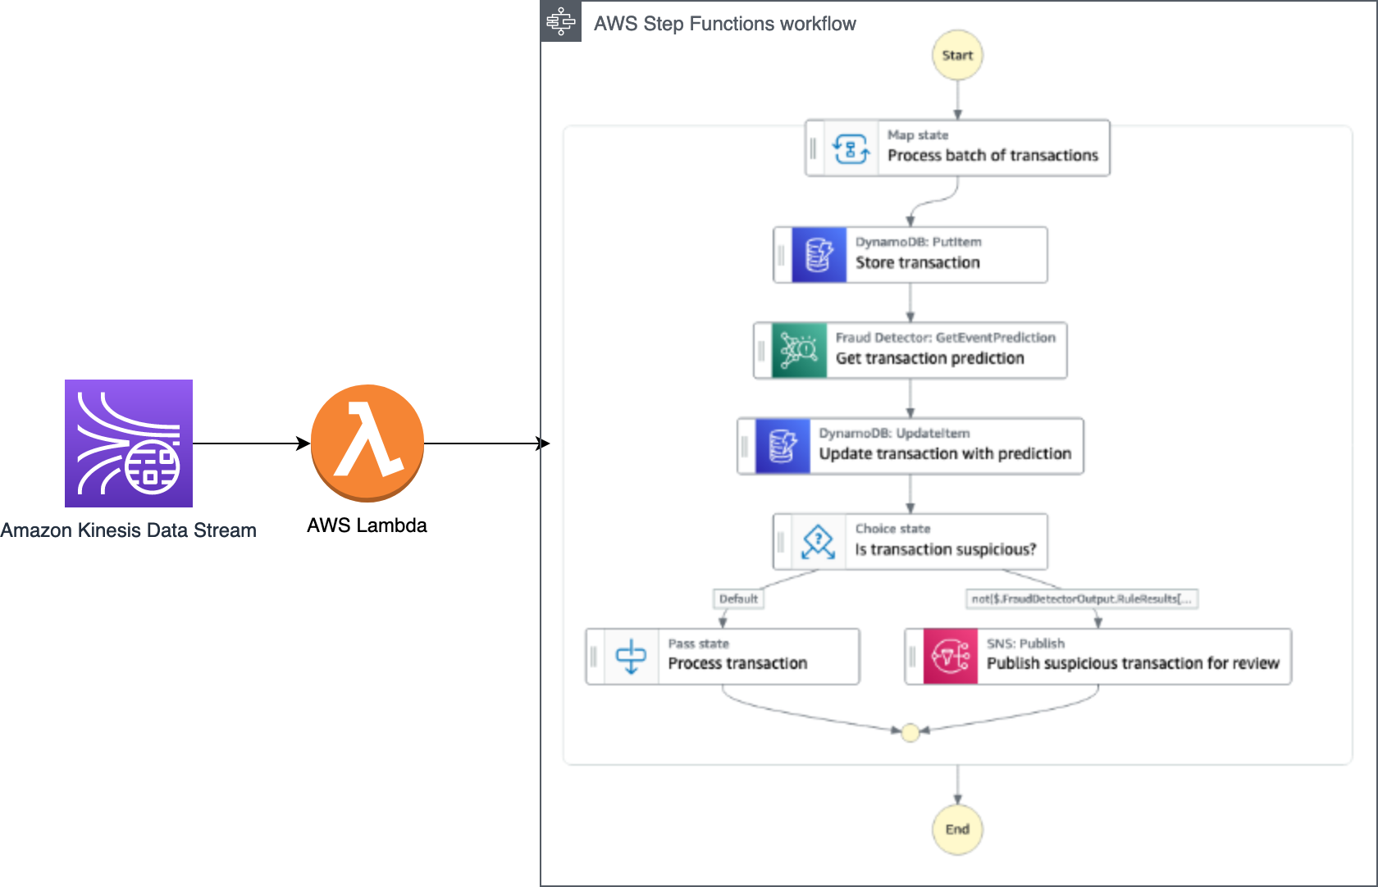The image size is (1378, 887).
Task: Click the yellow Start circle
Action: pyautogui.click(x=957, y=55)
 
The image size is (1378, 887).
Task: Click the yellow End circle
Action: pyautogui.click(x=957, y=829)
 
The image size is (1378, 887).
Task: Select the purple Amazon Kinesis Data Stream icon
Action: pyautogui.click(x=129, y=443)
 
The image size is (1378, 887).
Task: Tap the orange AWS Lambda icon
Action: pyautogui.click(x=367, y=443)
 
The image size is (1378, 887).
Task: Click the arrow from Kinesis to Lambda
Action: pyautogui.click(x=250, y=443)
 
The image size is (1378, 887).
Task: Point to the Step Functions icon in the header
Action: pyautogui.click(x=561, y=21)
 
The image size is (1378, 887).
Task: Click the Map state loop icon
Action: pyautogui.click(x=851, y=148)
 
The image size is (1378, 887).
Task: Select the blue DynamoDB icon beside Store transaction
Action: pyautogui.click(x=819, y=255)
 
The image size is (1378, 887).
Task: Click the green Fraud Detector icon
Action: pyautogui.click(x=799, y=350)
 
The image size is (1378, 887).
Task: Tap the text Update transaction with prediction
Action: pyautogui.click(x=945, y=453)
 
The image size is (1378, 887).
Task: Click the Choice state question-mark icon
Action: pyautogui.click(x=818, y=542)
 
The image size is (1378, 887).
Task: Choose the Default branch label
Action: pyautogui.click(x=738, y=599)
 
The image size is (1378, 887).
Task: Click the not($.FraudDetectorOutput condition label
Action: pyautogui.click(x=1082, y=599)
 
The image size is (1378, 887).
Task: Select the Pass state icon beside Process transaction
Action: pyautogui.click(x=631, y=657)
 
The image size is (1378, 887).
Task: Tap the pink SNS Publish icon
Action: pyautogui.click(x=950, y=657)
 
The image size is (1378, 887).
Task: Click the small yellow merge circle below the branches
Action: pyautogui.click(x=910, y=733)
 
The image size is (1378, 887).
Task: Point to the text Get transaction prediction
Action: pyautogui.click(x=929, y=358)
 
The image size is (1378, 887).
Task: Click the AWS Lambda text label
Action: pyautogui.click(x=367, y=525)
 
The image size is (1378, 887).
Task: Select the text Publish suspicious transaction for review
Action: pyautogui.click(x=1133, y=663)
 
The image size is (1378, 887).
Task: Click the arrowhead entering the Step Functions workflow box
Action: pyautogui.click(x=544, y=443)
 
